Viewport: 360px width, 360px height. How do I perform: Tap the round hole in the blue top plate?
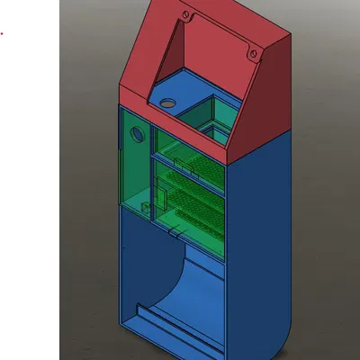click(x=167, y=103)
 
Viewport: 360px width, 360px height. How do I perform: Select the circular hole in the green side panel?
click(x=138, y=135)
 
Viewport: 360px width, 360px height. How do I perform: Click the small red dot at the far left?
click(x=1, y=35)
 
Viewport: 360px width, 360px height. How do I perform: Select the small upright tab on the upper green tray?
click(x=180, y=165)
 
